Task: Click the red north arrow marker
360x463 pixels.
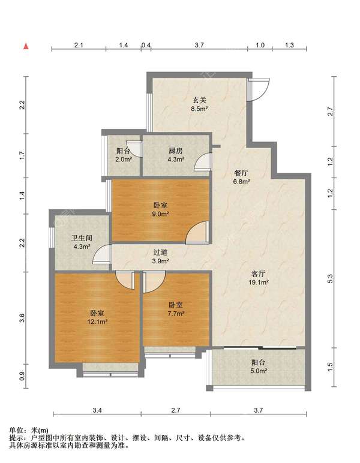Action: [26, 46]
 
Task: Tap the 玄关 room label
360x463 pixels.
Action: [199, 100]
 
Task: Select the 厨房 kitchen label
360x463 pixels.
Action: [176, 151]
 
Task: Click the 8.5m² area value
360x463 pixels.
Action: [199, 109]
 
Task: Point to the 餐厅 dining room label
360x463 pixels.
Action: [241, 173]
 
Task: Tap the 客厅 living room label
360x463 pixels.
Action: [258, 273]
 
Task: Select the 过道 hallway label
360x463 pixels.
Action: [161, 252]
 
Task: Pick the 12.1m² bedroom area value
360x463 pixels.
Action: [97, 321]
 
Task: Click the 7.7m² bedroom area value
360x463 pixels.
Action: [176, 314]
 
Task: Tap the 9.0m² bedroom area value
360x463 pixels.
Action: [160, 214]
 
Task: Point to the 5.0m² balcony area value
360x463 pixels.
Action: [259, 371]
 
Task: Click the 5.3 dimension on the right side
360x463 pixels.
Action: [330, 279]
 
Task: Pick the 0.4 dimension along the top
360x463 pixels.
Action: [146, 45]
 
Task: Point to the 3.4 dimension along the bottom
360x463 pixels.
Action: [97, 410]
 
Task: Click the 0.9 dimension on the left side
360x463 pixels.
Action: [22, 375]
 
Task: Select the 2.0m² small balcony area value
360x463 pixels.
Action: [124, 160]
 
